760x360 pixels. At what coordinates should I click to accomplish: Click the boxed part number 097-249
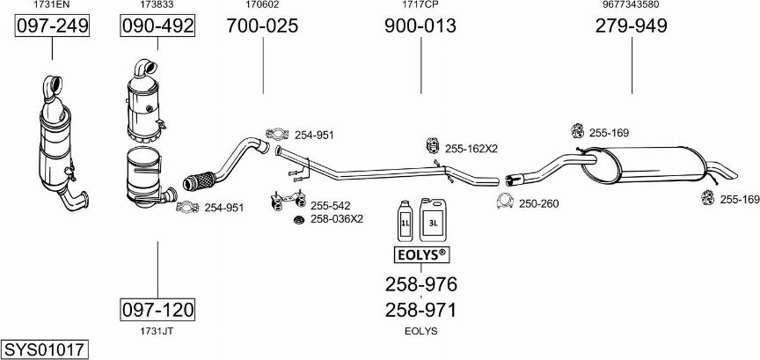pyautogui.click(x=53, y=26)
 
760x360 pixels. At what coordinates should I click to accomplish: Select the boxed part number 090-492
pyautogui.click(x=157, y=26)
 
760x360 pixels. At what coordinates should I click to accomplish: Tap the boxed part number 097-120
pyautogui.click(x=157, y=310)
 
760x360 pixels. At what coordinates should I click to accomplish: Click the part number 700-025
pyautogui.click(x=262, y=26)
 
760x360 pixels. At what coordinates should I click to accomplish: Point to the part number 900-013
pyautogui.click(x=420, y=26)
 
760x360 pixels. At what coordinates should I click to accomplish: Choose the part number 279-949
pyautogui.click(x=631, y=26)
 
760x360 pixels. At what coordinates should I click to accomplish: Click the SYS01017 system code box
pyautogui.click(x=44, y=349)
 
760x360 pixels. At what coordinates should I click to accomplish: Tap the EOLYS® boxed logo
pyautogui.click(x=420, y=255)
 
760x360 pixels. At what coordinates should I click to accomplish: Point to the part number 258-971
pyautogui.click(x=420, y=310)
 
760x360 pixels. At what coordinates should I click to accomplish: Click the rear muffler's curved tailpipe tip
pyautogui.click(x=725, y=171)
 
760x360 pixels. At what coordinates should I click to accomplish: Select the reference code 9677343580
pyautogui.click(x=631, y=5)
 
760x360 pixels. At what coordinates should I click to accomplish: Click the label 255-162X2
pyautogui.click(x=471, y=149)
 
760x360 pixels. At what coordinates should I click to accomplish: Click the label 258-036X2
pyautogui.click(x=337, y=218)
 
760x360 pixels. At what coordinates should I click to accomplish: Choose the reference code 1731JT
pyautogui.click(x=157, y=331)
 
